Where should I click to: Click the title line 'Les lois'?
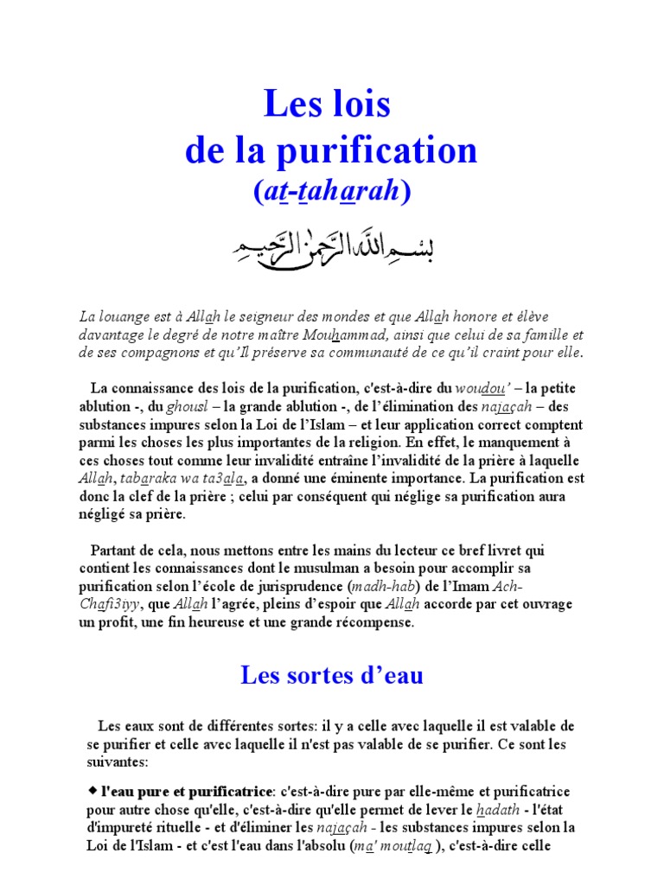click(x=328, y=105)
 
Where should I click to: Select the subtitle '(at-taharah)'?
click(x=330, y=192)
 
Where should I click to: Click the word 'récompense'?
click(x=372, y=623)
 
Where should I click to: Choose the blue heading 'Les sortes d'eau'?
click(x=331, y=675)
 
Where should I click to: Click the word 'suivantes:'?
click(x=118, y=763)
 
